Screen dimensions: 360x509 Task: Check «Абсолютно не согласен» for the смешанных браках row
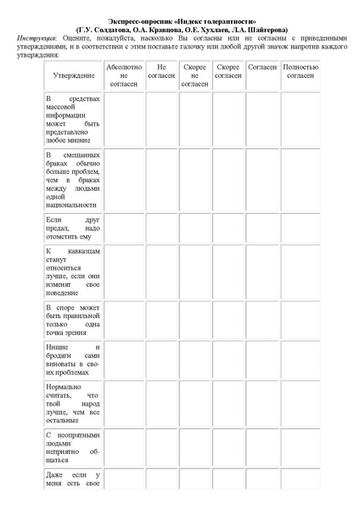(123, 179)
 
